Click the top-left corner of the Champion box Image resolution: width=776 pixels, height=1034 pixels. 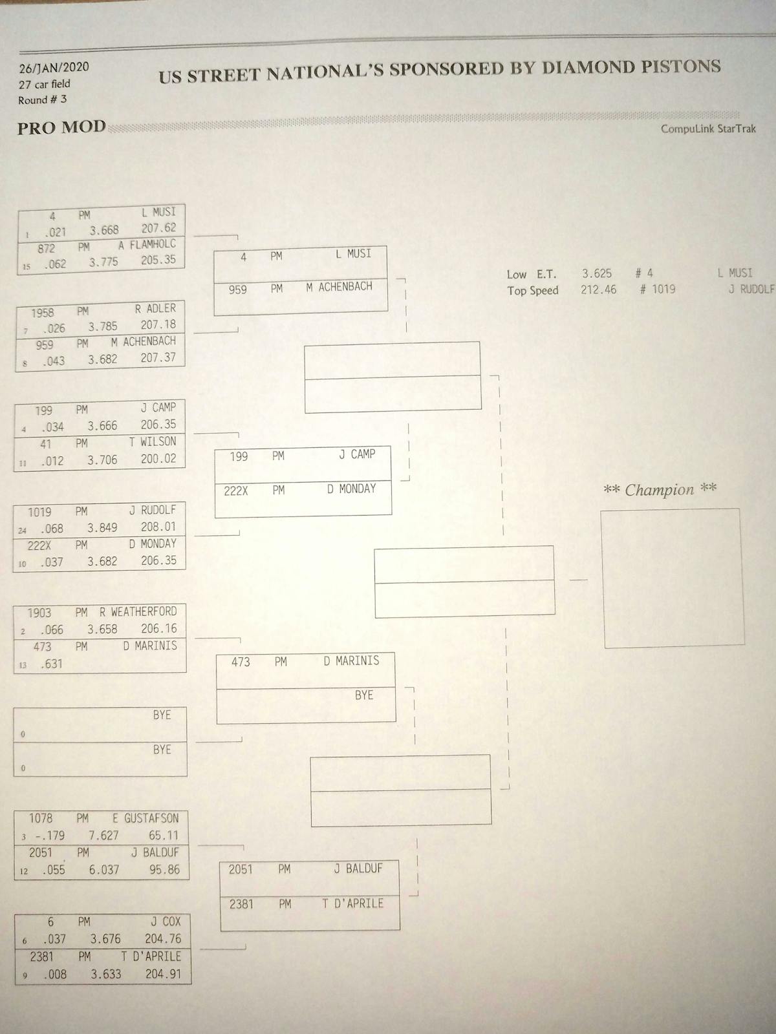tap(601, 510)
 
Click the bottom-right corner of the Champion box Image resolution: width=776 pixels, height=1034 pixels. tap(744, 644)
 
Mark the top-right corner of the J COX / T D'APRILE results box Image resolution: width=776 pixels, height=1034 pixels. tap(190, 914)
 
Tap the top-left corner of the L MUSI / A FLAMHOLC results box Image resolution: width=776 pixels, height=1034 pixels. tap(18, 211)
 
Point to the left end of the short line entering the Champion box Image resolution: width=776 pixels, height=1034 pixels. tap(570, 580)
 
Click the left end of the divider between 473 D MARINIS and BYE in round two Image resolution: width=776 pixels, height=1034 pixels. tap(217, 688)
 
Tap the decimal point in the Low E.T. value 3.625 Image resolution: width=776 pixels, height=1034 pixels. tap(589, 277)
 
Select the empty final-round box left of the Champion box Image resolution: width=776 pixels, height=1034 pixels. tap(464, 581)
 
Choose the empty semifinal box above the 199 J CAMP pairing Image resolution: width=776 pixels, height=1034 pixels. tap(393, 377)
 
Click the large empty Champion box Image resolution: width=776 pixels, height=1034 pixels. tap(673, 578)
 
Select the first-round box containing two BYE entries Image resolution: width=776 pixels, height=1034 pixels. tap(100, 741)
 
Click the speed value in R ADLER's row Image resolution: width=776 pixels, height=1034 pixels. tap(158, 324)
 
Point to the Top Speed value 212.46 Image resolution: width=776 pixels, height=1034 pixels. tap(598, 290)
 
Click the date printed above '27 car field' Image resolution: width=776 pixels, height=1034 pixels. tap(54, 68)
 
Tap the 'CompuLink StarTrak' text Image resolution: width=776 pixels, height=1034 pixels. tap(708, 129)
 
